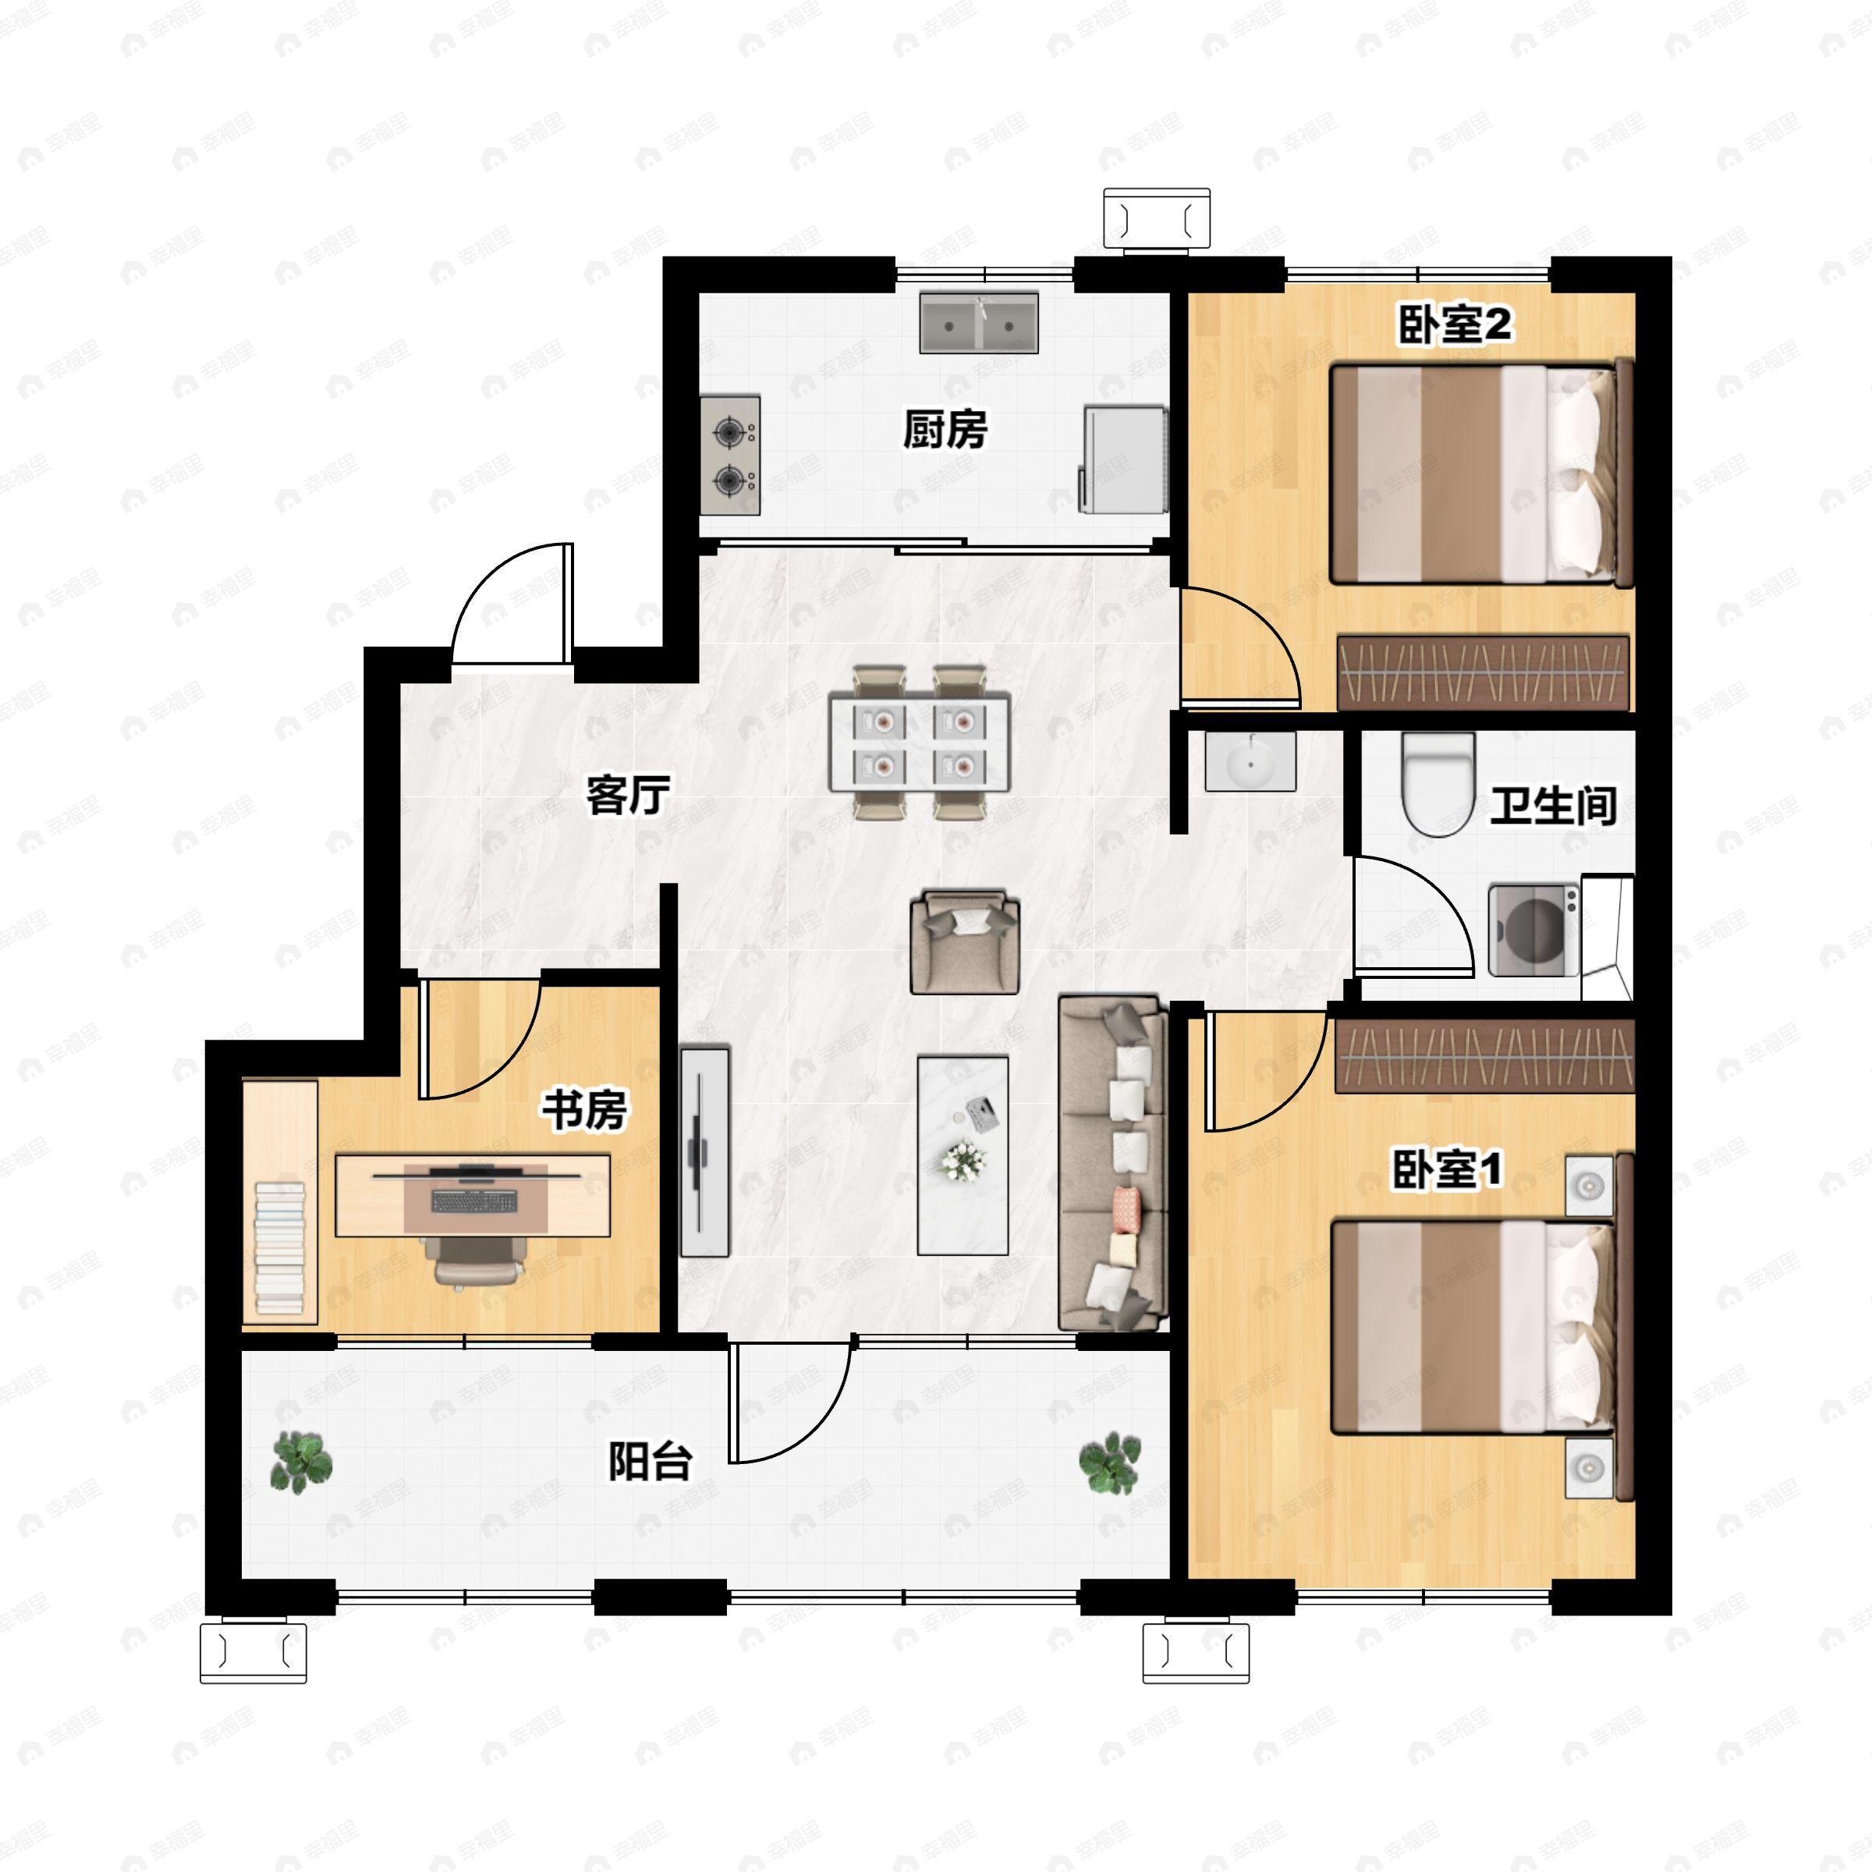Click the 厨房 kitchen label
pos(945,429)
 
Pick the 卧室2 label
pos(1453,324)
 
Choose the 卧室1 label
pos(1447,1168)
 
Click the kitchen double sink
pos(979,323)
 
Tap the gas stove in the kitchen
pos(729,455)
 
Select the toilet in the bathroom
pos(1439,784)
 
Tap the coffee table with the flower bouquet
pos(963,1155)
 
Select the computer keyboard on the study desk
pos(473,1201)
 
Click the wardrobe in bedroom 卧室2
pos(1483,672)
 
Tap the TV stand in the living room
pos(704,1152)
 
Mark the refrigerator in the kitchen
pos(1123,459)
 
